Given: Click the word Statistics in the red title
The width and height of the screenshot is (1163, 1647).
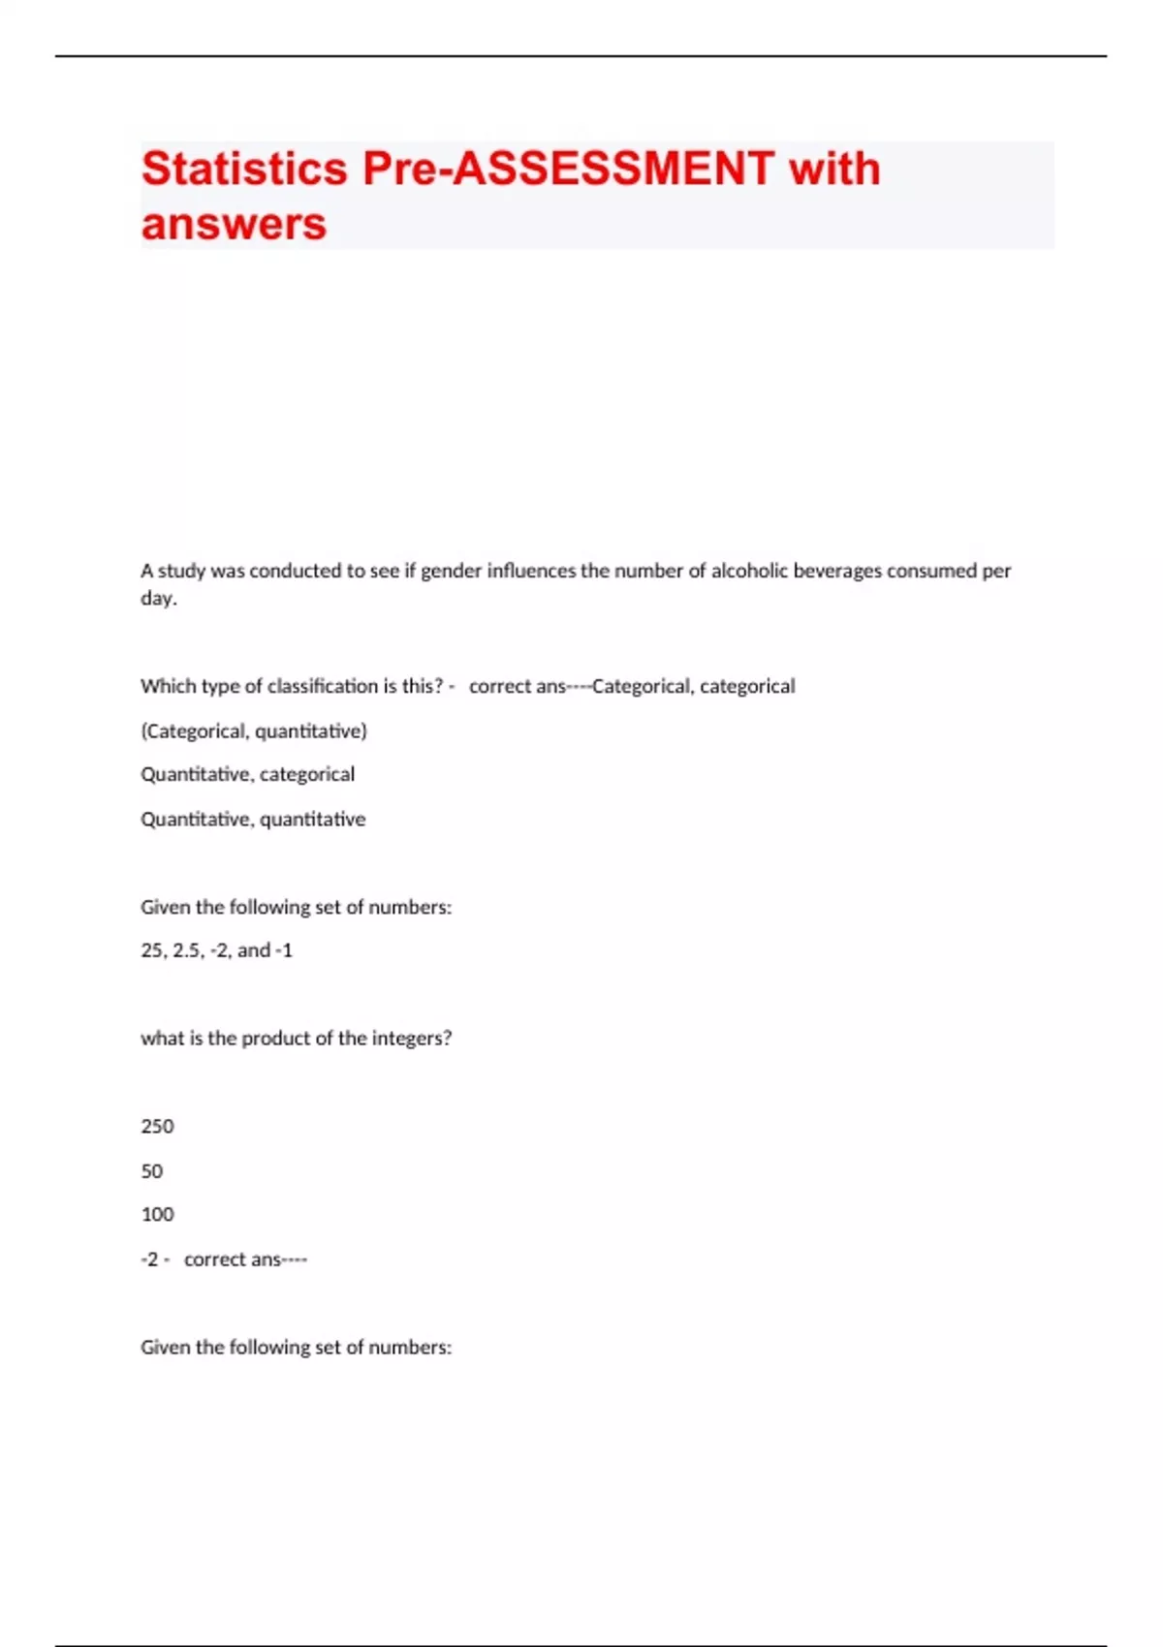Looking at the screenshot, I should coord(244,169).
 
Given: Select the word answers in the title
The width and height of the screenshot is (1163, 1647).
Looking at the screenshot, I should coord(234,224).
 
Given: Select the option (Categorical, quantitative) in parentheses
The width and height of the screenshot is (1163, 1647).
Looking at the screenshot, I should coord(254,730).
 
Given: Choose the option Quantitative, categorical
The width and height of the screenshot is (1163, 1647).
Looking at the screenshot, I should coord(248,774).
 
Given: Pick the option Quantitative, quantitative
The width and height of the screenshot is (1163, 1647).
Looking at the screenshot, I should coord(253,819).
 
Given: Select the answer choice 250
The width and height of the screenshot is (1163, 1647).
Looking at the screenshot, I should coord(157,1126).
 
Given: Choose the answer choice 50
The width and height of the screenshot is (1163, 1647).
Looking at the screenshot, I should coord(152,1170).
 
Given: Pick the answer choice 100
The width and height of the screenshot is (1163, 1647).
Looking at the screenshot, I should coord(157,1214).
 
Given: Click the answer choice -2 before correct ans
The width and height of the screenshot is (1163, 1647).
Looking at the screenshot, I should coord(149,1259).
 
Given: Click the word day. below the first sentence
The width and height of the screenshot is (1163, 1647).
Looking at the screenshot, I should coord(159,598).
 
